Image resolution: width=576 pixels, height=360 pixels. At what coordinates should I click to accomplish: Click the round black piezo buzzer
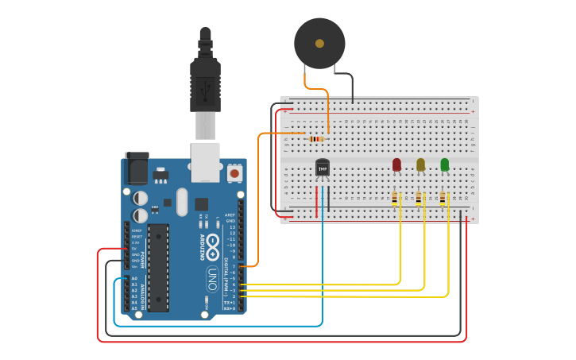pyautogui.click(x=319, y=44)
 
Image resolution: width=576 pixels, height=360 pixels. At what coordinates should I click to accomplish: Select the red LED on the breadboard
pyautogui.click(x=396, y=165)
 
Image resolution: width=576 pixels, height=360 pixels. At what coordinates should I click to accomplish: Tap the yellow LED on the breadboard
pyautogui.click(x=420, y=165)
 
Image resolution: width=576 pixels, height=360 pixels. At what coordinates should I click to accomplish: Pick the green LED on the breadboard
pyautogui.click(x=444, y=165)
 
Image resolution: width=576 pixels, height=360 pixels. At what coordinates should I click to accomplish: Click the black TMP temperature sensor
pyautogui.click(x=322, y=168)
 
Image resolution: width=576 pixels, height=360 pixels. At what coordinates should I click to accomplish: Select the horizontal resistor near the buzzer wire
pyautogui.click(x=316, y=139)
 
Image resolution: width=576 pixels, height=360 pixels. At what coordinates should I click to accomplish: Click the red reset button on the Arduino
pyautogui.click(x=234, y=172)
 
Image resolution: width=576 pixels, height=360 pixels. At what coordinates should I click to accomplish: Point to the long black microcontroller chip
pyautogui.click(x=158, y=267)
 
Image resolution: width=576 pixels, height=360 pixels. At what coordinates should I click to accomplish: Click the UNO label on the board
pyautogui.click(x=212, y=278)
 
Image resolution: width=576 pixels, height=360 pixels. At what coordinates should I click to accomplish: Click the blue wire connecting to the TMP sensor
pyautogui.click(x=322, y=262)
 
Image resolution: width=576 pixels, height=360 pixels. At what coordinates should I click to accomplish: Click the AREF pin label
pyautogui.click(x=230, y=215)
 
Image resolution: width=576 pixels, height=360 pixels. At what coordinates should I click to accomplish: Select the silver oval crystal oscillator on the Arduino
pyautogui.click(x=182, y=201)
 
